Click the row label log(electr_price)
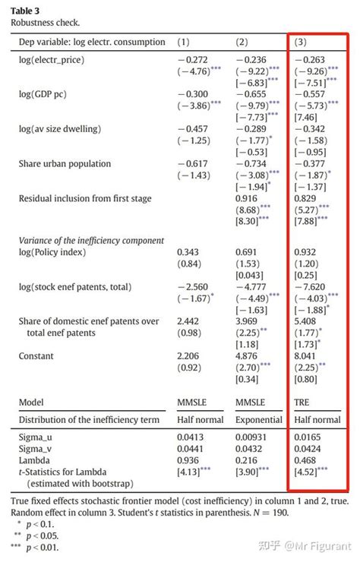pyautogui.click(x=52, y=59)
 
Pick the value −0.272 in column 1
pyautogui.click(x=194, y=59)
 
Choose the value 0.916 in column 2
pyautogui.click(x=249, y=198)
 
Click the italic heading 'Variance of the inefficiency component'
pyautogui.click(x=91, y=240)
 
